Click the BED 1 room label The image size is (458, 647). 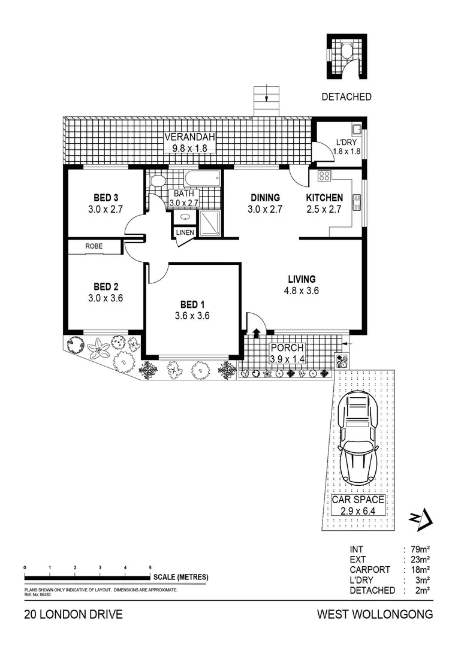(192, 304)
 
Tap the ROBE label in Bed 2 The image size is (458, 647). (94, 246)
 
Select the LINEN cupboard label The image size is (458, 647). (184, 232)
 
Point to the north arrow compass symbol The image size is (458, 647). (421, 518)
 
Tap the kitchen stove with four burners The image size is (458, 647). (324, 176)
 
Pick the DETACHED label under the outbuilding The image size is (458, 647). (346, 96)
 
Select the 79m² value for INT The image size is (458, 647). (420, 549)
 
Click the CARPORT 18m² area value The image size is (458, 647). (420, 570)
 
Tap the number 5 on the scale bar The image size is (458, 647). (150, 567)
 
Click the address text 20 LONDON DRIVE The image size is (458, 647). (74, 615)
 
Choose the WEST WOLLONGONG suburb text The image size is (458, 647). (375, 615)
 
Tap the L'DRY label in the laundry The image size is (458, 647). (346, 142)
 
